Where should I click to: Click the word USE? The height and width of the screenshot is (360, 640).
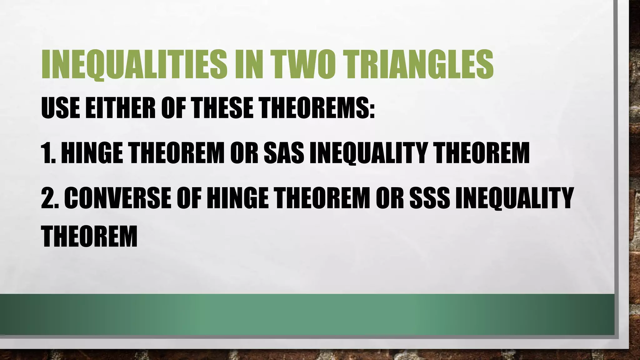(59, 108)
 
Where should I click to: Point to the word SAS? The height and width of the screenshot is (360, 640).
(284, 153)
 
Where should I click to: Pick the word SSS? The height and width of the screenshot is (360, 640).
(429, 198)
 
